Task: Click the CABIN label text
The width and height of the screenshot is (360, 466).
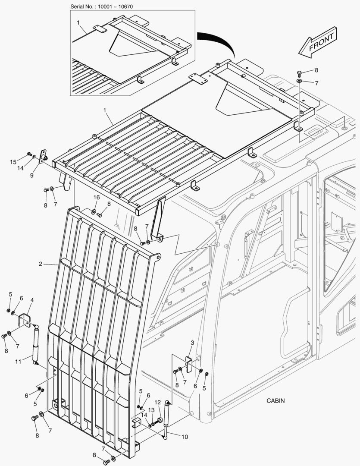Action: click(x=275, y=400)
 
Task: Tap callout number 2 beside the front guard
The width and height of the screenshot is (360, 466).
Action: click(x=40, y=264)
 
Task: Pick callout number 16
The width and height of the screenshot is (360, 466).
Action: click(x=97, y=197)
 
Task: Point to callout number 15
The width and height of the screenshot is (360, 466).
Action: click(x=13, y=162)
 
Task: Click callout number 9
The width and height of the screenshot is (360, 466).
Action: click(x=31, y=176)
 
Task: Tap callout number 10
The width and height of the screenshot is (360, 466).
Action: click(x=184, y=437)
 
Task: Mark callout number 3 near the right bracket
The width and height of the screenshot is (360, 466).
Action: click(x=192, y=342)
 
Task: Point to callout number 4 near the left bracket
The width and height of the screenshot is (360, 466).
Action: click(x=32, y=299)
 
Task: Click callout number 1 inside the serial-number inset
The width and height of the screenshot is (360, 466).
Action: click(x=78, y=22)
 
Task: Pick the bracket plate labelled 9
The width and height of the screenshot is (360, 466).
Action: click(x=43, y=156)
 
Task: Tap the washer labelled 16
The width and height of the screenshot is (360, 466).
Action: click(x=94, y=211)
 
